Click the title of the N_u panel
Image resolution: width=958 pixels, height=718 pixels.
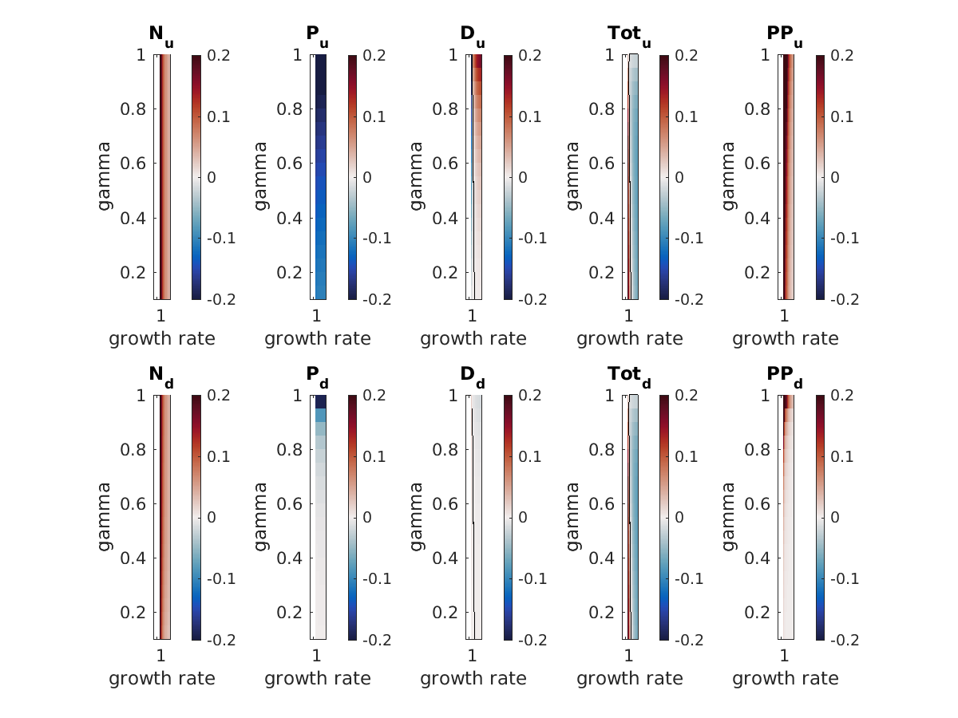[x=160, y=36]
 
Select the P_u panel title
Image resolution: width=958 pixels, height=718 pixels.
[x=317, y=36]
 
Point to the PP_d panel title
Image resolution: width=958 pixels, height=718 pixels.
[x=785, y=376]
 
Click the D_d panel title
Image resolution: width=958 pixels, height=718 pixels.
[x=473, y=376]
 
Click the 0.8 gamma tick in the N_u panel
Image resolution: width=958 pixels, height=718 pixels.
[x=132, y=108]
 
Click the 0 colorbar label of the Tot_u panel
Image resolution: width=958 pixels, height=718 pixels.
[x=679, y=177]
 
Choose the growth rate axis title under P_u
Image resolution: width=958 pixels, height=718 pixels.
[x=318, y=338]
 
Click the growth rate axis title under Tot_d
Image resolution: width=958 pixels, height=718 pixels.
[x=630, y=678]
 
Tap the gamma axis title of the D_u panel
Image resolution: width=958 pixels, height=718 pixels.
[x=418, y=176]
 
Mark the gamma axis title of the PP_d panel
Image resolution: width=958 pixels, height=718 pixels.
[x=730, y=516]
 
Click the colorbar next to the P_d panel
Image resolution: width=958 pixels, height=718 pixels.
[x=352, y=517]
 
